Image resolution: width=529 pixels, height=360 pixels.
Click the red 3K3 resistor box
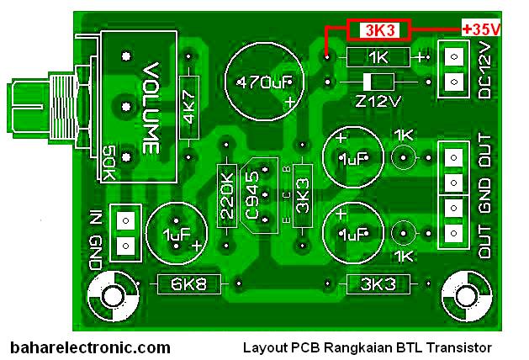pyautogui.click(x=378, y=30)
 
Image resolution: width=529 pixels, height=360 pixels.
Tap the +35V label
pyautogui.click(x=481, y=29)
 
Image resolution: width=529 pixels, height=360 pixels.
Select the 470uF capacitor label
pyautogui.click(x=264, y=82)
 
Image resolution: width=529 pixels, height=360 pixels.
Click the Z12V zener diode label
pyautogui.click(x=378, y=101)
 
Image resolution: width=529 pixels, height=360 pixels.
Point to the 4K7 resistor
pyautogui.click(x=189, y=108)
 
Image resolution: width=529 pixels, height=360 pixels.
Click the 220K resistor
pyautogui.click(x=226, y=196)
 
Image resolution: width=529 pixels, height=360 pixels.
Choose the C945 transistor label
pyautogui.click(x=252, y=196)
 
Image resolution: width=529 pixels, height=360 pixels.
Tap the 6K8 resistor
pyautogui.click(x=189, y=284)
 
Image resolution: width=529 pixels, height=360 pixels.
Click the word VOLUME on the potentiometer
pyautogui.click(x=151, y=108)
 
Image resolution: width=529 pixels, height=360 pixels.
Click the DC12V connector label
pyautogui.click(x=484, y=71)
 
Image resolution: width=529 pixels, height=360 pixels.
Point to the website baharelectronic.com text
pyautogui.click(x=91, y=347)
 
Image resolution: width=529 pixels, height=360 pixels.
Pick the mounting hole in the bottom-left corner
pyautogui.click(x=114, y=296)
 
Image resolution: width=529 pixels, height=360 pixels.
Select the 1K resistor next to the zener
pyautogui.click(x=378, y=57)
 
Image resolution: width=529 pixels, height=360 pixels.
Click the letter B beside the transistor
pyautogui.click(x=287, y=169)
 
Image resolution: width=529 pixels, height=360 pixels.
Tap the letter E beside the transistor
pyautogui.click(x=287, y=220)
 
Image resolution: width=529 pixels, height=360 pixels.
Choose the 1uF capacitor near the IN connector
pyautogui.click(x=176, y=234)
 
